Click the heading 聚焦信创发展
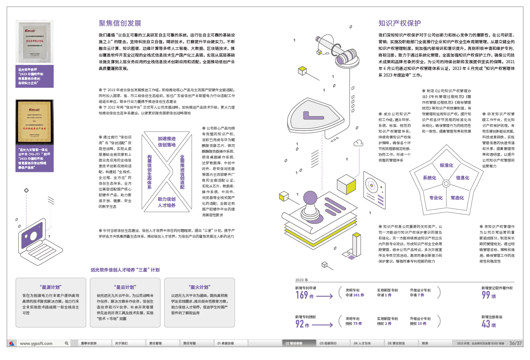(x=120, y=24)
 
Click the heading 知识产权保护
(x=400, y=24)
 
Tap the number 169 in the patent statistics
(x=301, y=295)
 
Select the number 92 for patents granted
(x=300, y=324)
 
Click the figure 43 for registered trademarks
(x=486, y=324)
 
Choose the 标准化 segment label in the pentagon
(x=446, y=166)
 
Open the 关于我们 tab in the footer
(x=121, y=344)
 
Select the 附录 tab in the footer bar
(x=425, y=344)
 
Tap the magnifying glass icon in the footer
(x=67, y=344)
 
